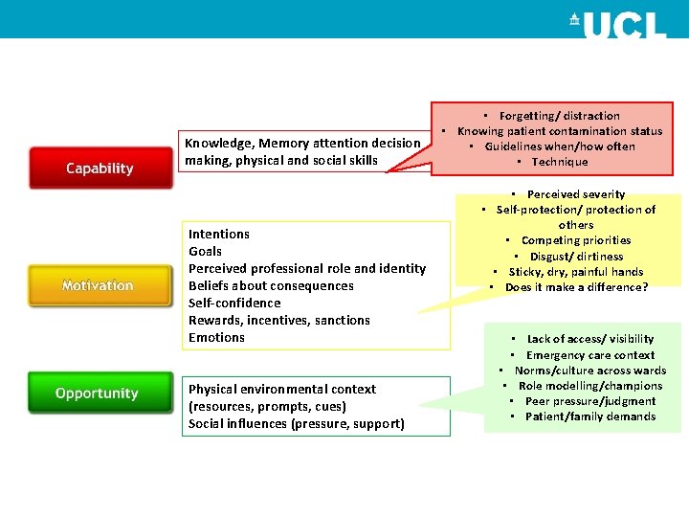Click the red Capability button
tap(100, 169)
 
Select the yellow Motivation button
tap(98, 285)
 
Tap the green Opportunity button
tap(97, 393)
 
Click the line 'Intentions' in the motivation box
tap(219, 234)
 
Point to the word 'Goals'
tap(206, 251)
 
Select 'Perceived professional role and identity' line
tap(307, 268)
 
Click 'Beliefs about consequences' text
tap(271, 285)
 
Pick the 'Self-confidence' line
tap(234, 303)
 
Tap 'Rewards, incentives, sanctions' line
tap(279, 320)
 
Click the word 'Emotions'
tap(217, 337)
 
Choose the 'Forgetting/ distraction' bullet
tap(559, 116)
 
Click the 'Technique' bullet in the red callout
tap(560, 162)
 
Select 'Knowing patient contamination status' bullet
tap(560, 131)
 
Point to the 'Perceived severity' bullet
tap(576, 194)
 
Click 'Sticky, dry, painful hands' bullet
tap(576, 272)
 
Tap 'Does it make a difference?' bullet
tap(576, 287)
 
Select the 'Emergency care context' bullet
tap(589, 355)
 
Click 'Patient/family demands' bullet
tap(590, 416)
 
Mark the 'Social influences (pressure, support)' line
tap(297, 423)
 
